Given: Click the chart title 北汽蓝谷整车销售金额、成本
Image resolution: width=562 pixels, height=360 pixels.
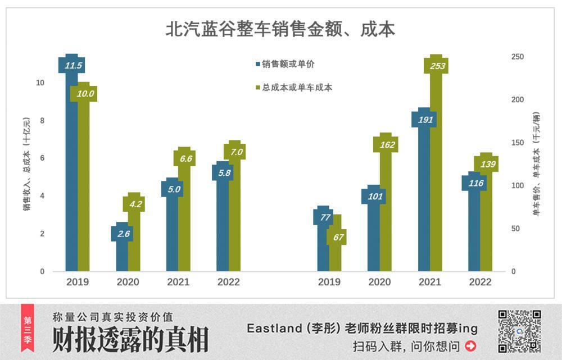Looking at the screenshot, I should point(280,29).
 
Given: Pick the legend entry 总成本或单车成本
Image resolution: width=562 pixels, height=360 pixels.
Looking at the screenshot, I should point(294,88).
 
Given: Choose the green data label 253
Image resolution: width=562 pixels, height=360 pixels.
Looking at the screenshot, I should point(437,66).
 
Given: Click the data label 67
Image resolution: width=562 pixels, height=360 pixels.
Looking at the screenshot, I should point(338,237).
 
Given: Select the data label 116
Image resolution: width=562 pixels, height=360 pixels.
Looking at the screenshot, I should point(473,183).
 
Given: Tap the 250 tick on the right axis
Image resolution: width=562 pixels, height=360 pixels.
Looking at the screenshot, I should point(517,57).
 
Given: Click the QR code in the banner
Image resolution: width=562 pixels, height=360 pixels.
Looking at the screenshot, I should point(520,331).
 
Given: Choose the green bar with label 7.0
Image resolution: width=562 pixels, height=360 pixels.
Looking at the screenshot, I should point(234,219).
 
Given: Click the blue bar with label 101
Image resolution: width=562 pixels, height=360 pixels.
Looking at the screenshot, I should point(374,236).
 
